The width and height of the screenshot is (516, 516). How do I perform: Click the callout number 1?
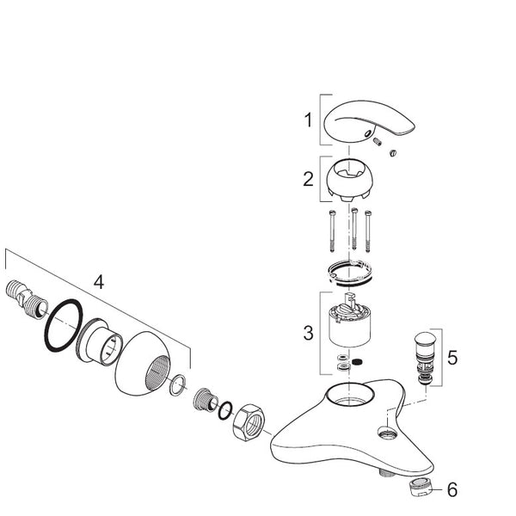click(308, 120)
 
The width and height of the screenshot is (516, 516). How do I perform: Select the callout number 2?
click(308, 180)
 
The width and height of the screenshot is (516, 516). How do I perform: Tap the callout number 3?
click(308, 333)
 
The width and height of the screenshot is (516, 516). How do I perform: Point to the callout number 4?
click(99, 282)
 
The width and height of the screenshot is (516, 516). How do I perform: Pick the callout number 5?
click(452, 357)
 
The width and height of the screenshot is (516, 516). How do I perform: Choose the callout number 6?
click(452, 489)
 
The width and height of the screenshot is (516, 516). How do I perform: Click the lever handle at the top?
click(369, 122)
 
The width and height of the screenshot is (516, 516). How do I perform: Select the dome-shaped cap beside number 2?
click(350, 180)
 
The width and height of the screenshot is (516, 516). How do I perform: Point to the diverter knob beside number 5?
click(425, 359)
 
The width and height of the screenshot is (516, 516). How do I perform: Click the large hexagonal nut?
click(248, 422)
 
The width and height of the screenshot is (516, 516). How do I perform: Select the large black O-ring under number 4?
click(63, 325)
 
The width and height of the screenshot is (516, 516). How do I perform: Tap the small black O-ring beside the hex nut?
click(225, 410)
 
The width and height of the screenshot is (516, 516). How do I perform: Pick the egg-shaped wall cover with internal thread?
click(144, 363)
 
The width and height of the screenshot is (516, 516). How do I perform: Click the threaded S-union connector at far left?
click(27, 298)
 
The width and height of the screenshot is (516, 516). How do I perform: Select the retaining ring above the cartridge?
click(350, 272)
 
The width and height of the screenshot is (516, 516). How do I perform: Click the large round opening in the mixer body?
click(350, 394)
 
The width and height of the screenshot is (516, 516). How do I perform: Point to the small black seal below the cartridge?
click(356, 362)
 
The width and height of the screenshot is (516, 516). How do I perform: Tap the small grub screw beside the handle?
click(378, 142)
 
